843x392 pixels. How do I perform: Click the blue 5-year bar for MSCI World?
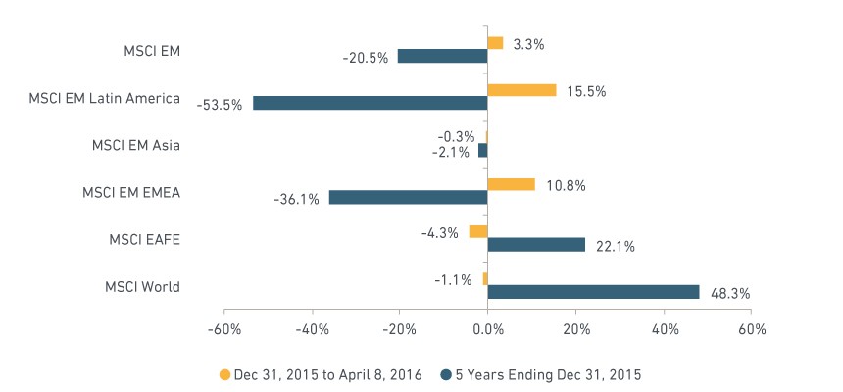point(593,292)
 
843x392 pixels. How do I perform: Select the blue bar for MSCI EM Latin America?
point(370,103)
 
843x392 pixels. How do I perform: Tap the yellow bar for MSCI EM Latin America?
point(521,90)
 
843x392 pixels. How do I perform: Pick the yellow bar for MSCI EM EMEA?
point(512,184)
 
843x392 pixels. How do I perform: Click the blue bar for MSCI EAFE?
point(536,245)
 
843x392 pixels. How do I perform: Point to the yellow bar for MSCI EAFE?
point(478,231)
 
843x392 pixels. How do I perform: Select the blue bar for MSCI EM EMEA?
point(408,197)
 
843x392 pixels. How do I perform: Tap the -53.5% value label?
point(220,105)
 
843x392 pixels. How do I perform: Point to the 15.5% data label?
point(586,92)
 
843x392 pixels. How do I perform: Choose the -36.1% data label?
point(296,200)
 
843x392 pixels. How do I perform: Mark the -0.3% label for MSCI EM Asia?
point(456,136)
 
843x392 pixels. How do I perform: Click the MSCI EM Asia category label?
point(136,146)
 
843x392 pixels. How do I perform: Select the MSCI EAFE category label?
point(145,240)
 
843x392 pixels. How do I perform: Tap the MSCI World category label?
point(142,287)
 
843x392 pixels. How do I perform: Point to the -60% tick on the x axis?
point(223,329)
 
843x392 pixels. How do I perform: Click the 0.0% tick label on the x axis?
point(487,329)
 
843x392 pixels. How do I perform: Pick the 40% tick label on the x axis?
point(664,329)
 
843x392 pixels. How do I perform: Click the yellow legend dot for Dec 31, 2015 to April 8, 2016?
point(224,374)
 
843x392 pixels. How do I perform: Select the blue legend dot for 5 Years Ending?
point(446,374)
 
